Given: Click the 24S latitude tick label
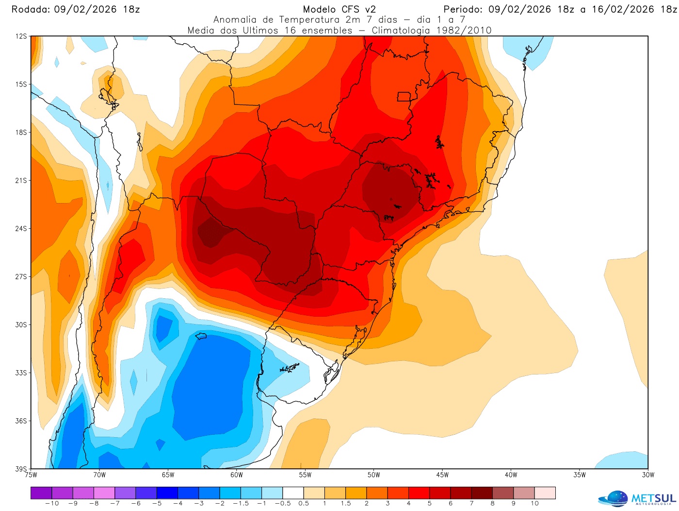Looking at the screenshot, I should coord(21,228).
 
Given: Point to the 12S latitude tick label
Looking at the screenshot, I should coord(21,36).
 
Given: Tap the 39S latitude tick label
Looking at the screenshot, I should coord(21,469).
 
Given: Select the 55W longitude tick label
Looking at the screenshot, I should coord(305,475).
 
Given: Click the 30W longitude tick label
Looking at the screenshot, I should coord(648,475).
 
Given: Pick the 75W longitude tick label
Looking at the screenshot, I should coord(31,475).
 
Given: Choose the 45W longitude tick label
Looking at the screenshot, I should coord(442,475).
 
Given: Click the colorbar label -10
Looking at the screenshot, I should coord(51,503).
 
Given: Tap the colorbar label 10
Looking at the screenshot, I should coord(534,503).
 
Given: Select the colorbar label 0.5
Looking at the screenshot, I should coord(304,503).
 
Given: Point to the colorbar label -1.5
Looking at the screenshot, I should coord(240,503).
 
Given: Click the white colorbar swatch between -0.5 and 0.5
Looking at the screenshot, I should coord(293,493).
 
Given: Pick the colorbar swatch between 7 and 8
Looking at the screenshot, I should coord(482,493).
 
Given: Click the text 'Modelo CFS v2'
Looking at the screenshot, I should coord(339,9).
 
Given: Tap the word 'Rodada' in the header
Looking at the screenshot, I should coord(30,9).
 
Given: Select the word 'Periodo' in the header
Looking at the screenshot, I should coord(463,9).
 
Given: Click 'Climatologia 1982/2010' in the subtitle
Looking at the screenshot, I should coord(432,30).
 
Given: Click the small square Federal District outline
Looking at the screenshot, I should coord(404,97).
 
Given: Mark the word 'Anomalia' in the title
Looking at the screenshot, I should coord(235,20).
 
